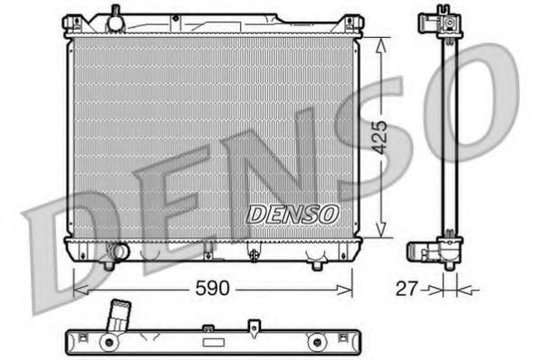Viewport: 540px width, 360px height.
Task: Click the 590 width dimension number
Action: tap(212, 289)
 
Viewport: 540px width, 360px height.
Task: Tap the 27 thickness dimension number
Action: tap(408, 289)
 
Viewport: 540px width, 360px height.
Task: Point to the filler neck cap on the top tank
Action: tap(115, 16)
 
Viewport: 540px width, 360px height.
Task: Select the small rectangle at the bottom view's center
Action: tap(213, 343)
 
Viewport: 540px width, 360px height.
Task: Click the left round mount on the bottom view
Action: tap(107, 342)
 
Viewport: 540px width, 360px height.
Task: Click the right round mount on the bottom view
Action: tap(316, 342)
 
